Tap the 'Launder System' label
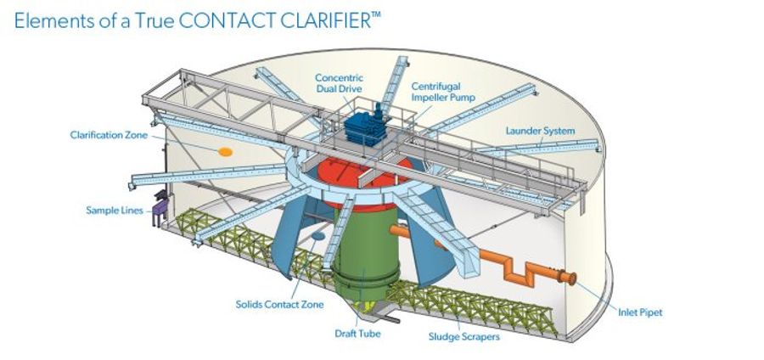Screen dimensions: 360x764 pos(540,131)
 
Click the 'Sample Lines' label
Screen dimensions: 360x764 pos(115,210)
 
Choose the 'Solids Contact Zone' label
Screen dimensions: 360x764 pos(271,303)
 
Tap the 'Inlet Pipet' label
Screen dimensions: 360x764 pos(639,312)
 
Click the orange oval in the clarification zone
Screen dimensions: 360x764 pos(226,151)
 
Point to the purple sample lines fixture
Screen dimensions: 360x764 pos(159,213)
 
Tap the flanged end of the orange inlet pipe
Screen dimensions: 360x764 pos(570,279)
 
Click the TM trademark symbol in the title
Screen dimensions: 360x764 pos(375,15)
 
